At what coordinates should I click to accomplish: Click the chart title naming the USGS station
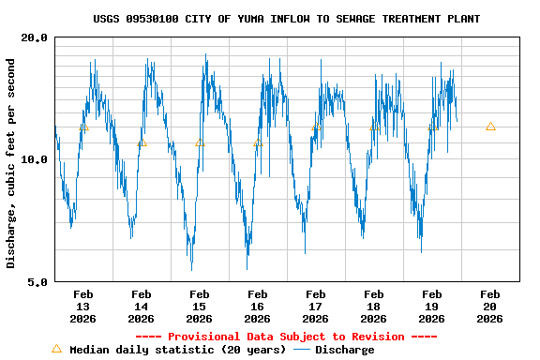click(x=287, y=19)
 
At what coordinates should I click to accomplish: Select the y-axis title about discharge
click(x=11, y=163)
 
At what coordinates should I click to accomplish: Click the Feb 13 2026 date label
click(x=82, y=307)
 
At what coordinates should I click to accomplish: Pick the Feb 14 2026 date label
click(x=141, y=307)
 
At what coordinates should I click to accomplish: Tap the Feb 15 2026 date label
click(x=199, y=307)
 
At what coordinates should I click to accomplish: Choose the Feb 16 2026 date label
click(x=257, y=307)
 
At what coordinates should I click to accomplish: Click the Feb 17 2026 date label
click(x=315, y=307)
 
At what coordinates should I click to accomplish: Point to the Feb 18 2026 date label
click(x=373, y=307)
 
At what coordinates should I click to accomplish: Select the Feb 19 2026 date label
click(x=431, y=307)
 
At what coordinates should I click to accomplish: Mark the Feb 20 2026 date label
click(x=489, y=307)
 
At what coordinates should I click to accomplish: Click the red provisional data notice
click(x=287, y=337)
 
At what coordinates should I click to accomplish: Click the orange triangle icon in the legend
click(x=56, y=349)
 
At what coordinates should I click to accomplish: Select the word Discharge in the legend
click(x=344, y=350)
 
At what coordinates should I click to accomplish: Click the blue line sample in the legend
click(x=302, y=350)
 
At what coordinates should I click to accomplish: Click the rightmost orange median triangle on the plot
click(x=490, y=127)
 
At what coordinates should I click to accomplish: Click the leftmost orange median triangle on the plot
click(x=84, y=127)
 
